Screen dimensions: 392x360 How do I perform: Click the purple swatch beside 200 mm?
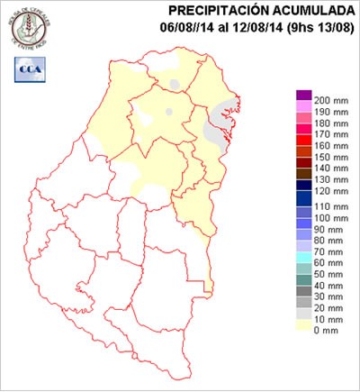pyautogui.click(x=304, y=96)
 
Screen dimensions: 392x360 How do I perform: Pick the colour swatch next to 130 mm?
pyautogui.click(x=304, y=181)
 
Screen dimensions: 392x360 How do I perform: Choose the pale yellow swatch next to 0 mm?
pyautogui.click(x=304, y=326)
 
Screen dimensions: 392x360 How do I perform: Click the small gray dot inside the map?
pyautogui.click(x=168, y=112)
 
